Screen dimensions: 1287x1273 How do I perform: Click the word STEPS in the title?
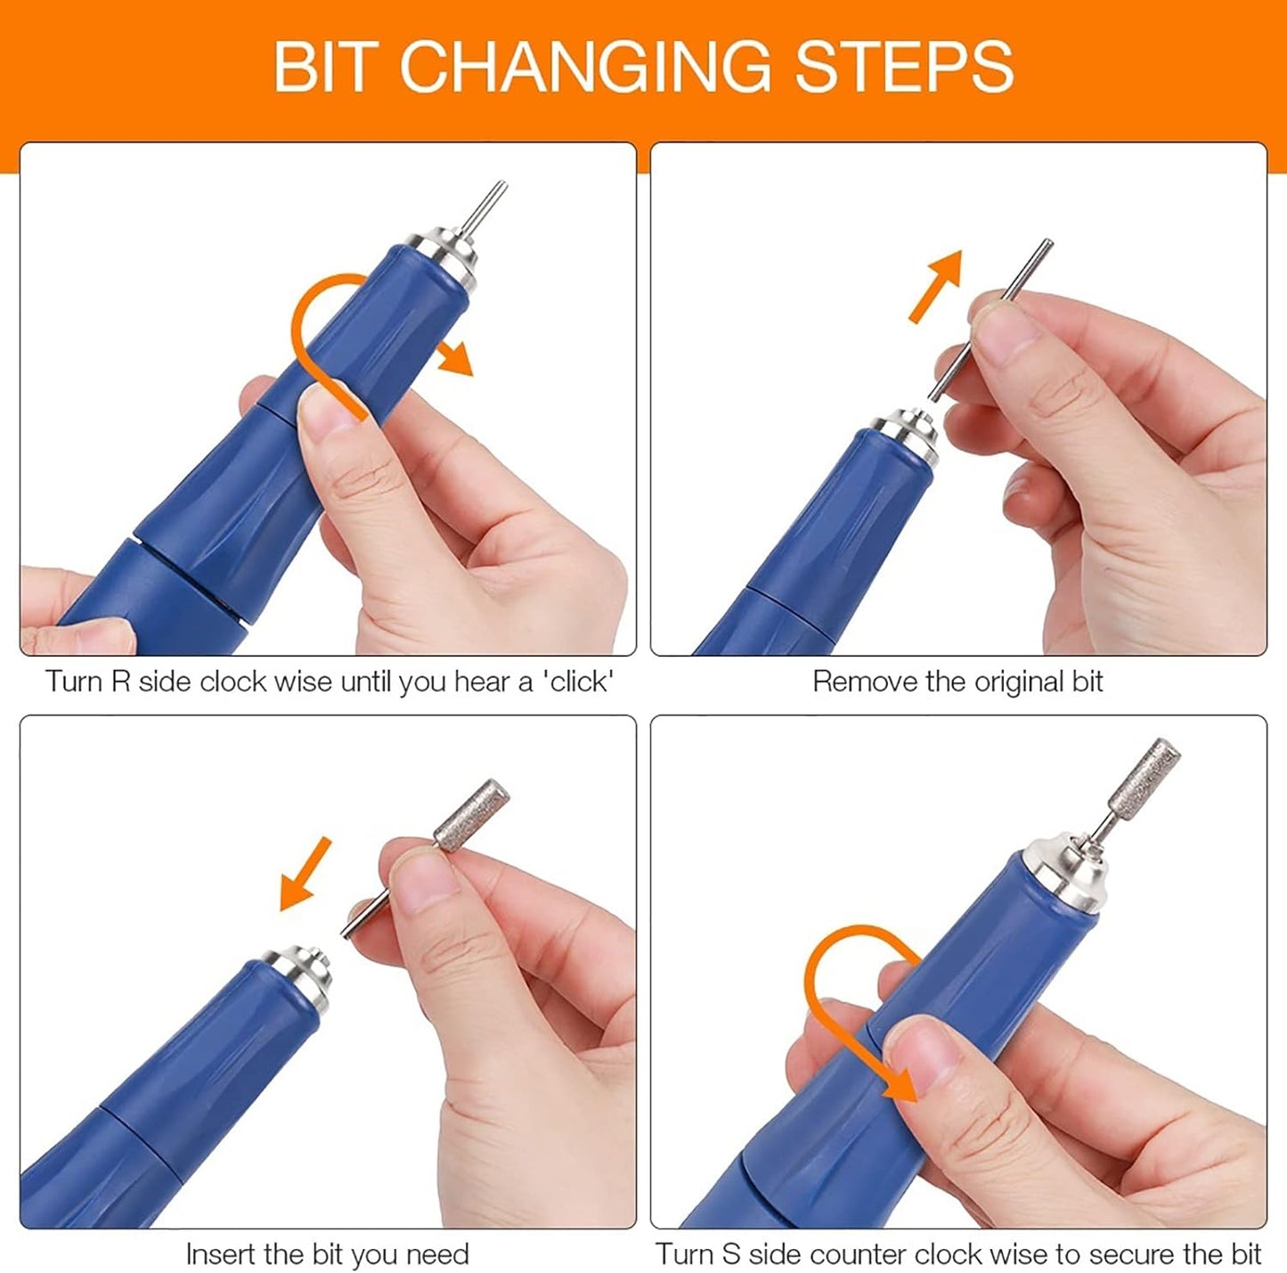coord(904,66)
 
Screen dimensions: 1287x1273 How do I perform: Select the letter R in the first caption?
coord(120,682)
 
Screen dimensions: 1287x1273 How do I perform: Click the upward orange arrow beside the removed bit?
coord(936,287)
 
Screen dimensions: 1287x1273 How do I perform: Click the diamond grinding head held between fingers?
coord(471,814)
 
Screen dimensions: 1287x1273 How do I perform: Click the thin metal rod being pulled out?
coord(991,320)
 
